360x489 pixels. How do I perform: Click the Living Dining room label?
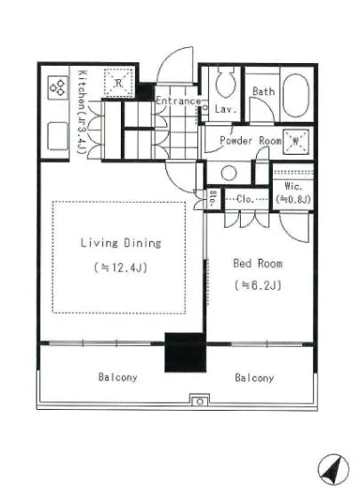(121, 243)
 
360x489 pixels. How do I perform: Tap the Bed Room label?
(258, 263)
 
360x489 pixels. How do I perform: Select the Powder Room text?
(251, 140)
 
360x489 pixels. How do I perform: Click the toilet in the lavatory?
(226, 82)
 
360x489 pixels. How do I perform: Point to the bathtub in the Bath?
(296, 95)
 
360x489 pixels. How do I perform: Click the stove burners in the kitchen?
(59, 88)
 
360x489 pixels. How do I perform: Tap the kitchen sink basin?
(58, 136)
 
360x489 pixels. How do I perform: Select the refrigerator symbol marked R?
(118, 83)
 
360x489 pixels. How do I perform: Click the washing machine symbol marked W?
(296, 142)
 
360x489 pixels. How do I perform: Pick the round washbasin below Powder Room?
(228, 172)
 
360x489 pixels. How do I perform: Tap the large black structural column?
(185, 352)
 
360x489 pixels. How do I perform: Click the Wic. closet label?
(293, 187)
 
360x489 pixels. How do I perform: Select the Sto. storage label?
(212, 198)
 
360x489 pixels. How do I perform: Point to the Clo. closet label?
(245, 198)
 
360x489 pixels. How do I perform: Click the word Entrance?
(179, 100)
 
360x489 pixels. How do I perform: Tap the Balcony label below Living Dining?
(117, 377)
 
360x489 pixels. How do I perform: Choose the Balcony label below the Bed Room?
(254, 378)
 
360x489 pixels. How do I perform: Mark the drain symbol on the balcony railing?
(200, 401)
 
